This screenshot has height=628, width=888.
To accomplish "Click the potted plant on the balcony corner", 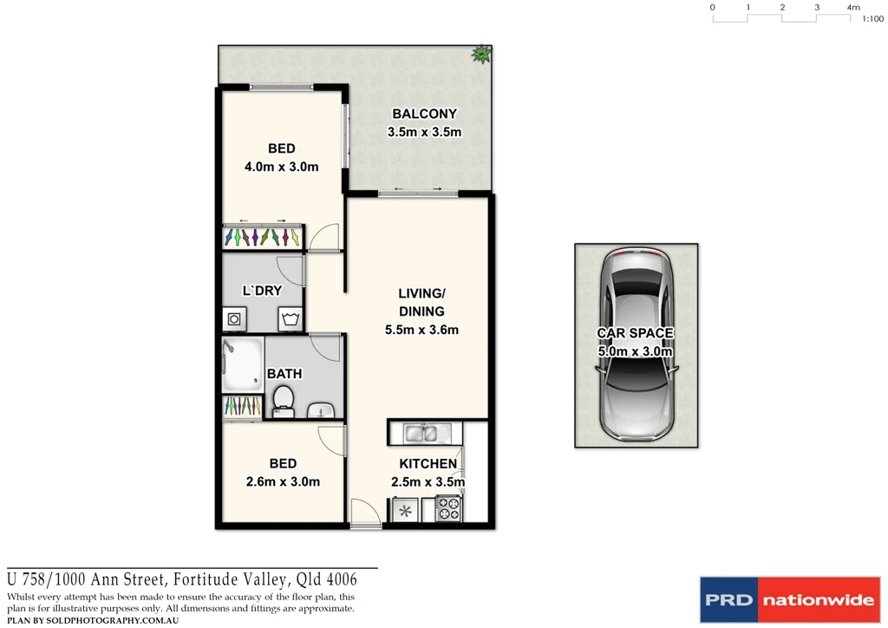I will click(x=480, y=55).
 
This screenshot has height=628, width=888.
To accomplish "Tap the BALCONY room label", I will click(x=424, y=114).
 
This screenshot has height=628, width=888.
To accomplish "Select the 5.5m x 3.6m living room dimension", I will click(x=422, y=330).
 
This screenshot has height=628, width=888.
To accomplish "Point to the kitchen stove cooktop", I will click(x=448, y=508).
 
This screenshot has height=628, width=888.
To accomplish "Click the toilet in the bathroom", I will click(x=283, y=402).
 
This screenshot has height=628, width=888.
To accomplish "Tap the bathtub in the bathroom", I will click(x=242, y=365).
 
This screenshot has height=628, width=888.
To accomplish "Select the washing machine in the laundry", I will click(x=234, y=319).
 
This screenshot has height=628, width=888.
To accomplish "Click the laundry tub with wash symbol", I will click(x=290, y=319).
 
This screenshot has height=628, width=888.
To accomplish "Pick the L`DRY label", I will click(x=262, y=291).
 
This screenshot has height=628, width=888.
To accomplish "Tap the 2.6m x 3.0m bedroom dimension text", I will click(x=282, y=481).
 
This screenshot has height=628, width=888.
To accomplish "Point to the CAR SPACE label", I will click(x=635, y=333).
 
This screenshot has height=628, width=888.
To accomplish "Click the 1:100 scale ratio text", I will click(x=872, y=18).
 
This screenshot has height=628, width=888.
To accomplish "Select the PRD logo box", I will click(x=728, y=600).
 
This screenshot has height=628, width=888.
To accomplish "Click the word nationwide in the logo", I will click(x=819, y=600).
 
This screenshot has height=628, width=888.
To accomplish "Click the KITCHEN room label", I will click(x=428, y=464).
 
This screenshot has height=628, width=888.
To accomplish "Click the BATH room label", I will click(x=284, y=374).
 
